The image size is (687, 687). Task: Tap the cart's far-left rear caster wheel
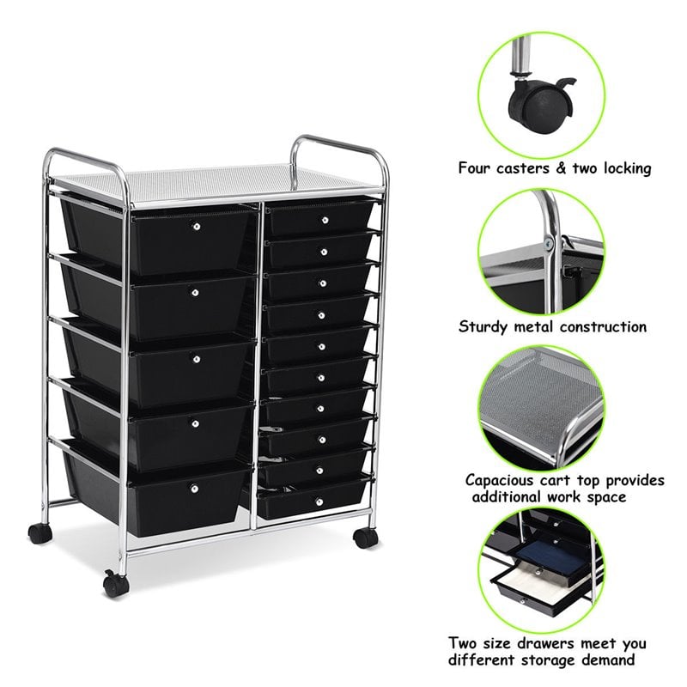39,532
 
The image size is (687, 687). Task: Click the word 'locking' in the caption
622,168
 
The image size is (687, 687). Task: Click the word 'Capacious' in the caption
503,480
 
